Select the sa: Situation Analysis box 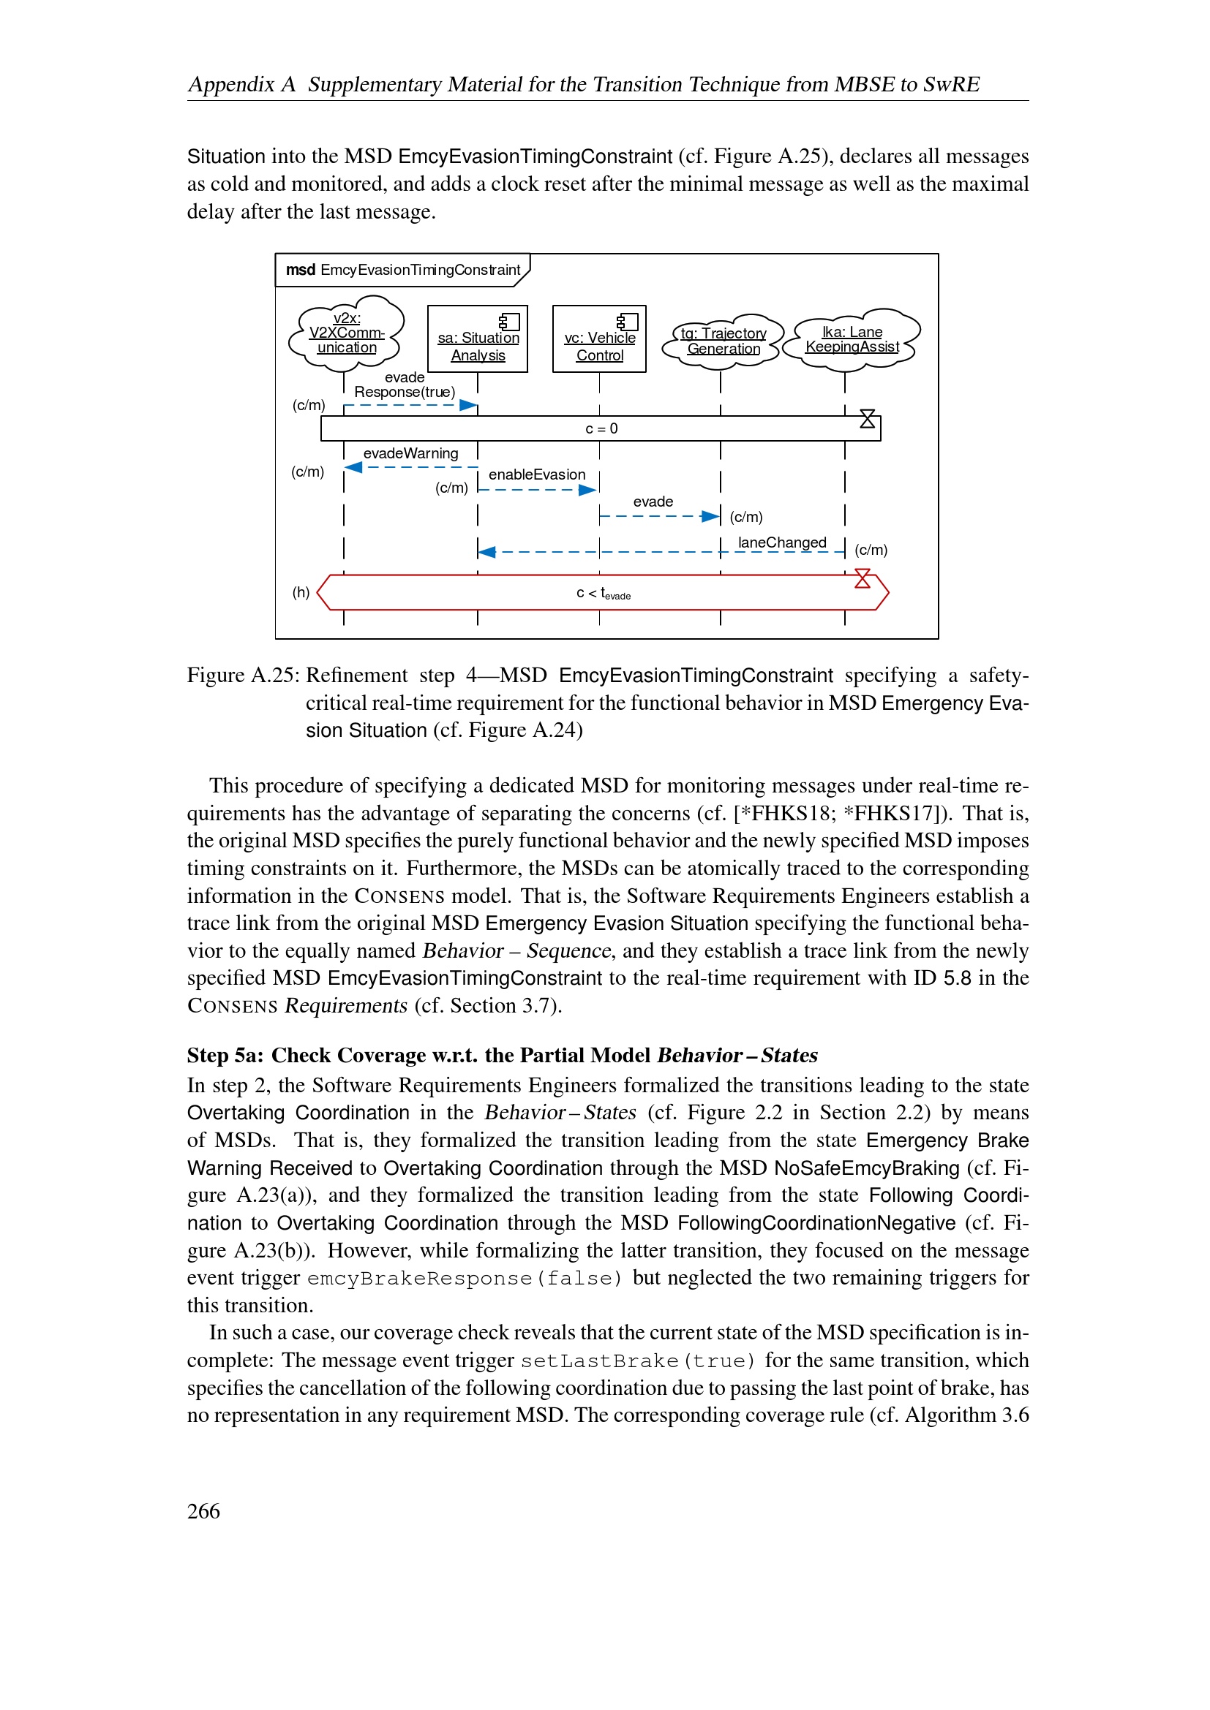click(x=478, y=339)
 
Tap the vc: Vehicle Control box click(x=599, y=339)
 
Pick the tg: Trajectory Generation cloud click(x=723, y=341)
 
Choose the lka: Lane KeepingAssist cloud click(x=852, y=339)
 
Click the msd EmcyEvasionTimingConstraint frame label click(x=402, y=270)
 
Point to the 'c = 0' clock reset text click(x=601, y=429)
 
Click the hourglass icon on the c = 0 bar click(x=868, y=420)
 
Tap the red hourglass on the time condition click(x=862, y=579)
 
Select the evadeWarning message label click(x=410, y=453)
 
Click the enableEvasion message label click(x=536, y=474)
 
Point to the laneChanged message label click(x=781, y=542)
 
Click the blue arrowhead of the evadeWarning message click(x=354, y=468)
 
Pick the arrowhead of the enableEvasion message click(x=588, y=490)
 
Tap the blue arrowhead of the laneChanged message click(x=487, y=552)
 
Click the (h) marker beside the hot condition click(x=301, y=593)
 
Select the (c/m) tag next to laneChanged click(x=871, y=551)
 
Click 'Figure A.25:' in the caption click(x=243, y=676)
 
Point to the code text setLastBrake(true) click(x=638, y=1361)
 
